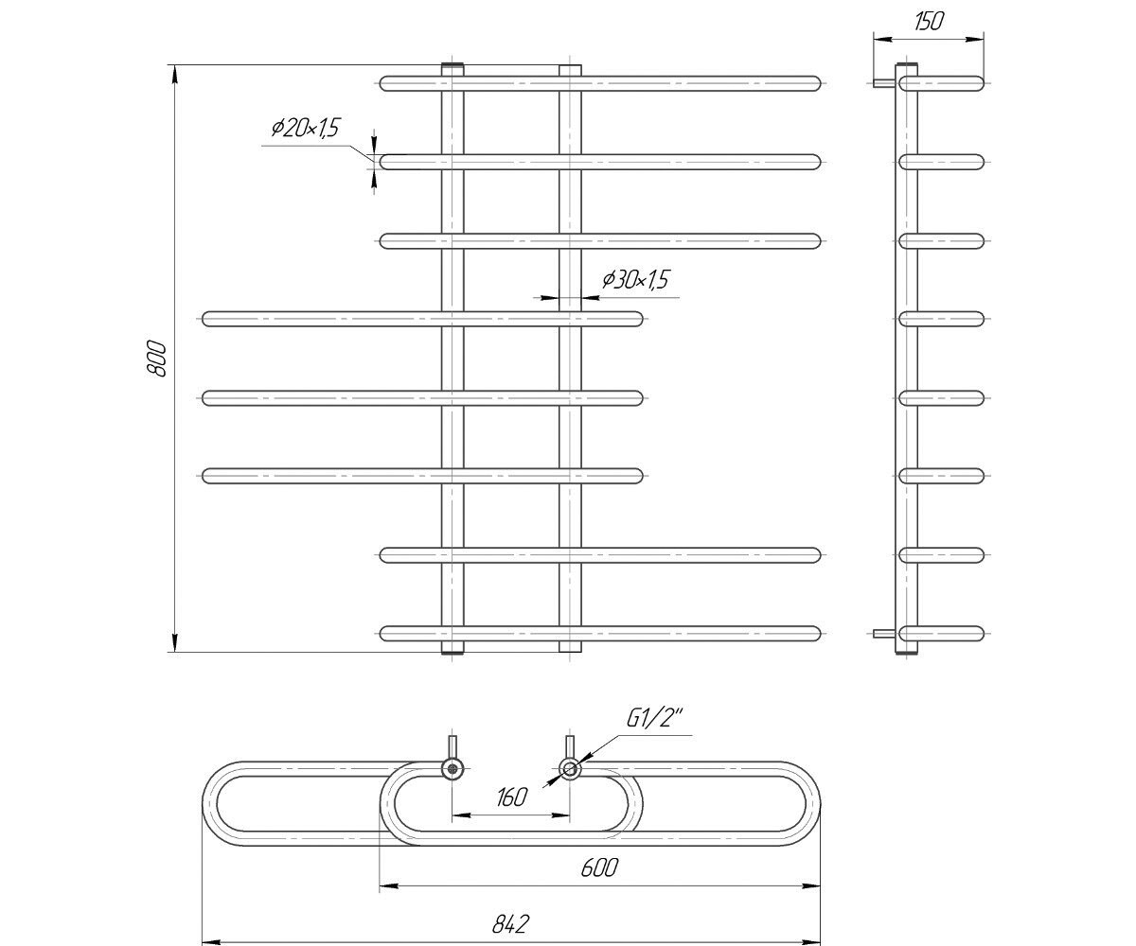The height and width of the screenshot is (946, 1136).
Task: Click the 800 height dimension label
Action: (156, 359)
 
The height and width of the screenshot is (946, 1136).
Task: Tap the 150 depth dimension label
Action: (929, 21)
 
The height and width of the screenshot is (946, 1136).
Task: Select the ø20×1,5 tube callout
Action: (305, 128)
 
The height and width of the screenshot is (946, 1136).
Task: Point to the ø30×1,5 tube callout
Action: (635, 279)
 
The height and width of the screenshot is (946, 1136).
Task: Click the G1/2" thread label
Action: (654, 719)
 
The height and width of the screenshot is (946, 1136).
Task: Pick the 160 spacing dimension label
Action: (511, 797)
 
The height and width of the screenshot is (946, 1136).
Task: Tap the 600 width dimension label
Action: (599, 867)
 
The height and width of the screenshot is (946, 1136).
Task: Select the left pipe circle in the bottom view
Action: (452, 769)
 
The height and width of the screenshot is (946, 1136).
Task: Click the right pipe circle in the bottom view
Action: (570, 769)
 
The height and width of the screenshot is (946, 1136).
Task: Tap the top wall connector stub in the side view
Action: (883, 83)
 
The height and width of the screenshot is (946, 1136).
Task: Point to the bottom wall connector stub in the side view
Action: (883, 634)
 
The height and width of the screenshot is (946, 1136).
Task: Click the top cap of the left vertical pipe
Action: (453, 67)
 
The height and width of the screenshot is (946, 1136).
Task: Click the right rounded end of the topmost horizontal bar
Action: (813, 83)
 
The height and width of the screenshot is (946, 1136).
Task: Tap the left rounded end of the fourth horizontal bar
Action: (209, 319)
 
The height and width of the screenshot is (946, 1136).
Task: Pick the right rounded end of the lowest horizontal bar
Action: (813, 634)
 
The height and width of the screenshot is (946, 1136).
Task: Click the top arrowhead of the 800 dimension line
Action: (174, 73)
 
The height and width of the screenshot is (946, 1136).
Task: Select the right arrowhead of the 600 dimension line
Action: (811, 885)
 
